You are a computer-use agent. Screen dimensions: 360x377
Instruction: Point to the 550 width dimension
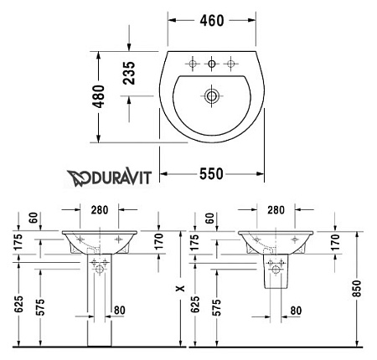212,173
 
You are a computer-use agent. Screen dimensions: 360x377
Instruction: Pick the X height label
178,287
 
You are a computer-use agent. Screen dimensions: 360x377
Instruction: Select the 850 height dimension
358,290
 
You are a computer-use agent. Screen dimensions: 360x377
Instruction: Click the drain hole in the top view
212,97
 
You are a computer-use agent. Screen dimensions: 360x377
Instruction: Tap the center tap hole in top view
212,64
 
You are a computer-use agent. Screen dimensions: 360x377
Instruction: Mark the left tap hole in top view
193,64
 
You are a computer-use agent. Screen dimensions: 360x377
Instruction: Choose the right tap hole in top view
231,64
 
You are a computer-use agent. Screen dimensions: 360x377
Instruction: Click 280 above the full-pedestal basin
99,208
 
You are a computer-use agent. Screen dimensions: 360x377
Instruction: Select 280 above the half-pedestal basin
274,208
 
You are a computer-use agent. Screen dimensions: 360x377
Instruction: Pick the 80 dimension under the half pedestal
295,311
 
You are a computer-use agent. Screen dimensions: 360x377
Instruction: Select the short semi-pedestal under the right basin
274,274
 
